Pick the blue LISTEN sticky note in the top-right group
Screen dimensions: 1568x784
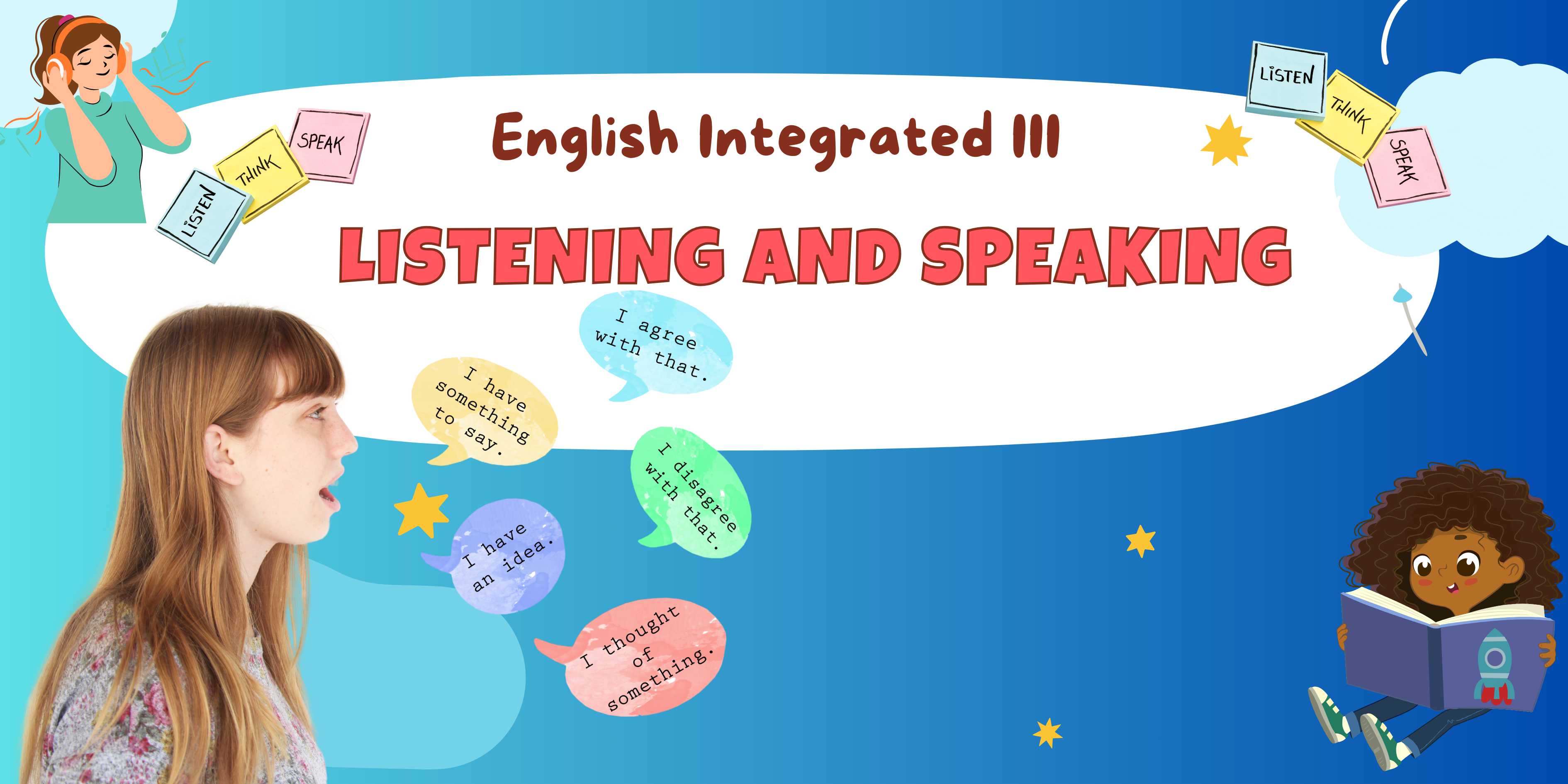point(1286,79)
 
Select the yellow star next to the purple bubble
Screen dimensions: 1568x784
point(421,510)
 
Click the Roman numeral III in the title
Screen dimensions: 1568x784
point(1037,135)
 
